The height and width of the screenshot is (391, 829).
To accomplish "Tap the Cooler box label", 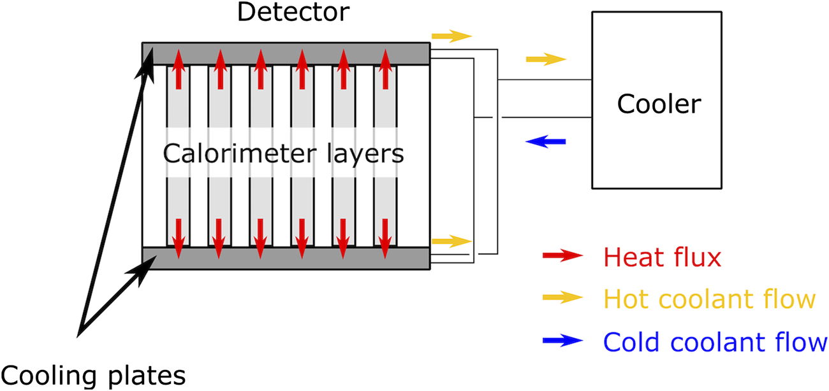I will tap(659, 104).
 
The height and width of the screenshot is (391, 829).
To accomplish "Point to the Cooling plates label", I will tap(93, 375).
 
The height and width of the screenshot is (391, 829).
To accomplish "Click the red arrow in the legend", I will tap(562, 256).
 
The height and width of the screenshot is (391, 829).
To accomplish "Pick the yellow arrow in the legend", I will tap(562, 297).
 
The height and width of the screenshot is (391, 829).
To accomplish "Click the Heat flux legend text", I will tap(662, 257).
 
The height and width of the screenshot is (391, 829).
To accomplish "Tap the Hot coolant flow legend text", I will tap(709, 299).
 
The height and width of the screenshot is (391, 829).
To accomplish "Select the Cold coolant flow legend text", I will tap(715, 342).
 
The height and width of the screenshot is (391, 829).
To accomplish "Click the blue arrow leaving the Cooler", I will tap(545, 141).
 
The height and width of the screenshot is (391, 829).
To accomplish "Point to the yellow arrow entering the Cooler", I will tap(546, 60).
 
